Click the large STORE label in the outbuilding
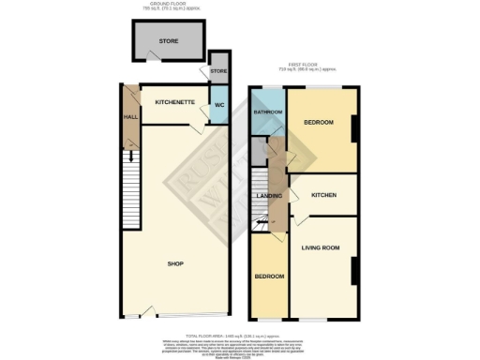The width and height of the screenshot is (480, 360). click(169, 40)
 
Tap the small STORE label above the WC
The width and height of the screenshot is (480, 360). click(218, 71)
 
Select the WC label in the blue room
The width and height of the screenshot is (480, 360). click(218, 104)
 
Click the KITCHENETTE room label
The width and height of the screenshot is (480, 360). click(173, 100)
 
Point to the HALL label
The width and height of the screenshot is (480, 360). click(129, 116)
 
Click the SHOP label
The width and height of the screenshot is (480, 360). click(173, 263)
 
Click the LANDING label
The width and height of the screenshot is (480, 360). click(270, 196)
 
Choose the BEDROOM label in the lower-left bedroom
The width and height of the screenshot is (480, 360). click(270, 277)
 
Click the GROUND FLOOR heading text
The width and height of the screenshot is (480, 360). click(172, 4)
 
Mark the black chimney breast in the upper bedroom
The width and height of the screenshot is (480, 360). click(354, 129)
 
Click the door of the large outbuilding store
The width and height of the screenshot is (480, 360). click(151, 58)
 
